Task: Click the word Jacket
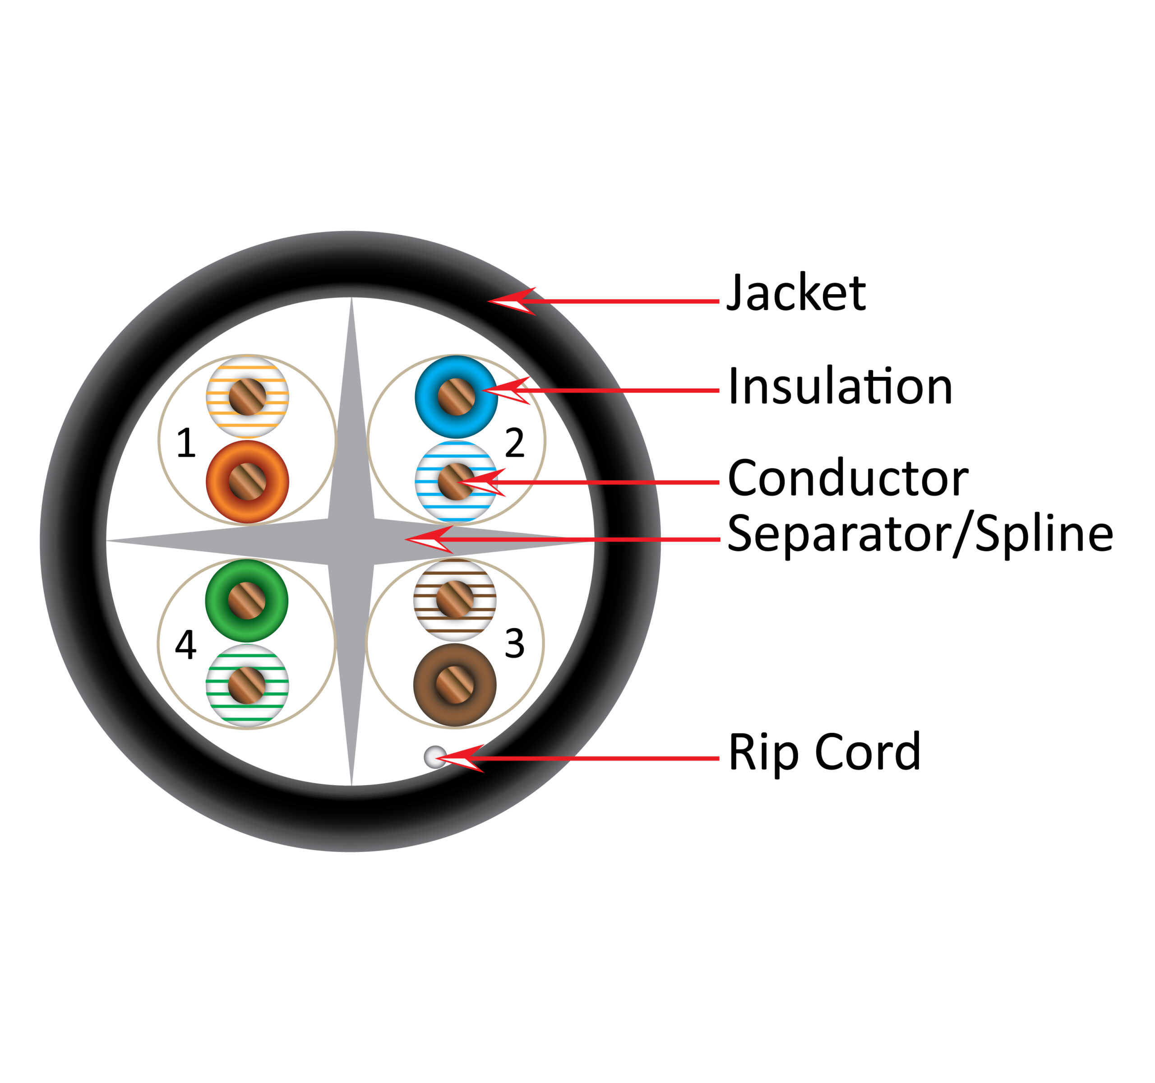tap(796, 293)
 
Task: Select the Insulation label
tap(840, 386)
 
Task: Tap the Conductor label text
tap(848, 478)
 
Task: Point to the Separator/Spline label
tap(919, 535)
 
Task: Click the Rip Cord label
tap(824, 752)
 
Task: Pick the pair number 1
tap(186, 443)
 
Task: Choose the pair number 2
tap(514, 443)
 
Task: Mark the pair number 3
tap(514, 644)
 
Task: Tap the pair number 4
tap(186, 645)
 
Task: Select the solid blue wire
tap(456, 397)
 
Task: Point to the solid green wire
tap(247, 601)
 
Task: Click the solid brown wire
tap(455, 685)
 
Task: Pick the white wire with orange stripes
tap(248, 397)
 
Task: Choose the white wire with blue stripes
tap(456, 481)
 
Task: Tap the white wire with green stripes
tap(247, 685)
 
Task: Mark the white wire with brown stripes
tap(455, 600)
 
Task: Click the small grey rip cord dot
tap(435, 757)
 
